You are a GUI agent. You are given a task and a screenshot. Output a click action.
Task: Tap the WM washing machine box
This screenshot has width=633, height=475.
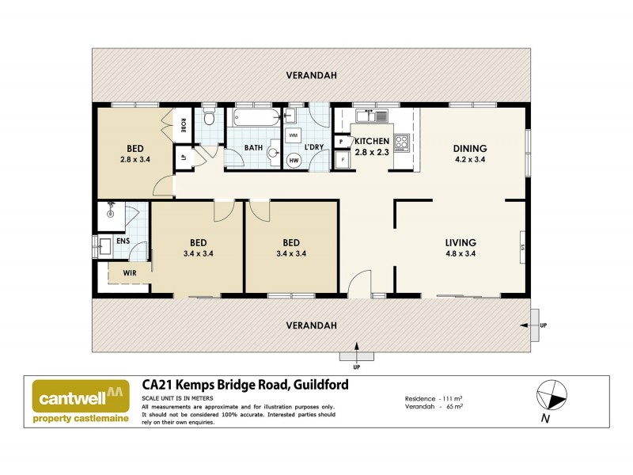point(294,135)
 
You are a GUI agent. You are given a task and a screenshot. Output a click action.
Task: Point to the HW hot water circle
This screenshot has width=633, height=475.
point(294,161)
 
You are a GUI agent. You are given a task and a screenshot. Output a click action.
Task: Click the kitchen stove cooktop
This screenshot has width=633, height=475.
point(401,143)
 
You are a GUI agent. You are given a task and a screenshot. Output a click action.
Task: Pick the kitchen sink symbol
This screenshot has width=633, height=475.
point(370,117)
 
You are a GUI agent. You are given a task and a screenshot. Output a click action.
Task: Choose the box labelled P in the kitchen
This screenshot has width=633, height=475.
point(342,142)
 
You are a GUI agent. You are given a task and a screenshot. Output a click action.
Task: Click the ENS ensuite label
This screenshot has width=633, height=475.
point(123,241)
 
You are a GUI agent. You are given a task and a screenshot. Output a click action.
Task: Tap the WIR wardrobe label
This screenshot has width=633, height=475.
point(128,273)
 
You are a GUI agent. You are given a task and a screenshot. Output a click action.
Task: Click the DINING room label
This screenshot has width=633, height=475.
point(469,148)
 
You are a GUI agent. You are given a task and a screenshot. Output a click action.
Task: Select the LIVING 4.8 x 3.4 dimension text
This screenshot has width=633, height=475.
point(470,254)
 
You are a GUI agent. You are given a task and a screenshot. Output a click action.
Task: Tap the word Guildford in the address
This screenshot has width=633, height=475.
point(320,386)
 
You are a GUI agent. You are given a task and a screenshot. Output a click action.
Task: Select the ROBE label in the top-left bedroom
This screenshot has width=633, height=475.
point(183,124)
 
